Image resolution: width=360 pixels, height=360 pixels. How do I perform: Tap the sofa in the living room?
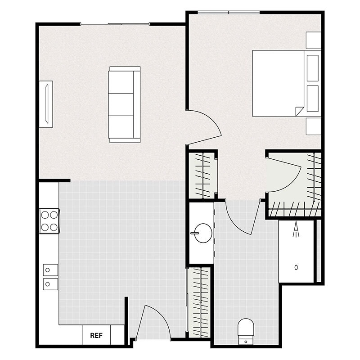coord(124,104)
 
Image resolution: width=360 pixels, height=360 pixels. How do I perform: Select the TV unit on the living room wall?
coord(46,104)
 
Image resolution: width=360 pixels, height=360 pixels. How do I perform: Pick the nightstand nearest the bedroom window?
coord(313,40)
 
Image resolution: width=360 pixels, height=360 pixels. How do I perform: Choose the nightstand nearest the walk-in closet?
coord(313,126)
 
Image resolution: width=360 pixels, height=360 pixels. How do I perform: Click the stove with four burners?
coord(49,221)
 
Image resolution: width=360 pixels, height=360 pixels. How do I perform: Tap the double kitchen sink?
coord(50,277)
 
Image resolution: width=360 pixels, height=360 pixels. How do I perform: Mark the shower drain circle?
coord(296,267)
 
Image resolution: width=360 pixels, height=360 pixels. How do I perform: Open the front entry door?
coord(153,322)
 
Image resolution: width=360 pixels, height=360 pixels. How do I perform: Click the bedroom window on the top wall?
coord(229,12)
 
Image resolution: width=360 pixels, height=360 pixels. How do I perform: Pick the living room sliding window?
coord(115,23)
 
